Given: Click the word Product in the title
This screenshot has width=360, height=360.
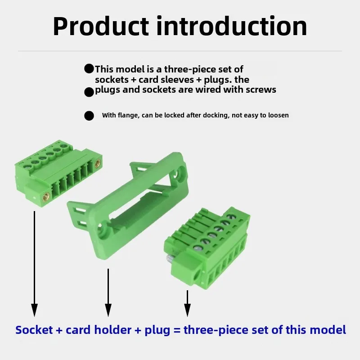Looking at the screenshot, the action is tap(100, 27).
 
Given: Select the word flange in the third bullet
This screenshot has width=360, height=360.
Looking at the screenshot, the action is tap(128, 115).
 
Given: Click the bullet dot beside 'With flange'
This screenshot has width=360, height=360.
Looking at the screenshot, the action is tap(89, 116).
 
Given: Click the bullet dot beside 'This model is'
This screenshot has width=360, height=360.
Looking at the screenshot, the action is tap(89, 69).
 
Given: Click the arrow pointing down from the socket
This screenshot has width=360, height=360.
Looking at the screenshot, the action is tap(35, 264).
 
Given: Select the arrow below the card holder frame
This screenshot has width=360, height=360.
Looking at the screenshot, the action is tap(108, 293).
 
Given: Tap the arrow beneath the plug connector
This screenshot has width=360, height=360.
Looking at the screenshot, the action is tap(187, 303).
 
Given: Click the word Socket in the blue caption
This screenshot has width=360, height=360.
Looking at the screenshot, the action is tap(34, 330).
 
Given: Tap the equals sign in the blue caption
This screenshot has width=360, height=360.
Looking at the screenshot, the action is tap(177, 330).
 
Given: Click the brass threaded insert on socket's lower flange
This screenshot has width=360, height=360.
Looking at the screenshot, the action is tap(46, 197).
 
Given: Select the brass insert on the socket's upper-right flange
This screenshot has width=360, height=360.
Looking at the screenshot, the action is tap(97, 162).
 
